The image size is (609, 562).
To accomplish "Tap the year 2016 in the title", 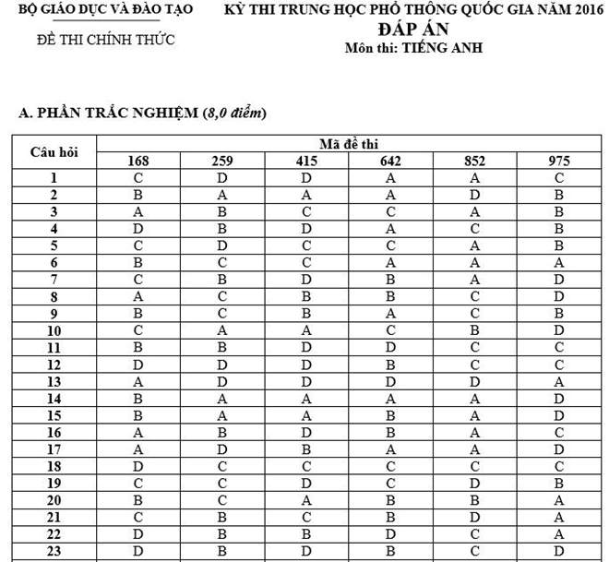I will pos(582,11).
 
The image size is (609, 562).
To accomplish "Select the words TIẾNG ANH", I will pos(437,47).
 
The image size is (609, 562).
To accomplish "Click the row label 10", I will pos(54,330).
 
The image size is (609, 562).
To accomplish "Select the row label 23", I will pos(54,552).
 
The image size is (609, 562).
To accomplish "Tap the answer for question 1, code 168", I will pos(137,177).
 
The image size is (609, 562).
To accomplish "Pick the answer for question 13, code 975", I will pos(558,381).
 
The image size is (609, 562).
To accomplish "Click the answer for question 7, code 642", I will pos(390,279).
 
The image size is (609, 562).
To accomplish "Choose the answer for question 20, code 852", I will pos(474,501).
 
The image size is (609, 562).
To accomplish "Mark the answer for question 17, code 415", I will pos(306,449).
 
